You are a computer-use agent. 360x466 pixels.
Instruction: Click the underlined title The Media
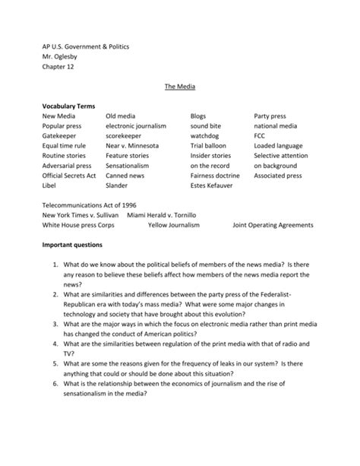click(x=179, y=87)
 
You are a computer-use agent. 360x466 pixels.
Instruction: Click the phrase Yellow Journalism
click(x=174, y=225)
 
